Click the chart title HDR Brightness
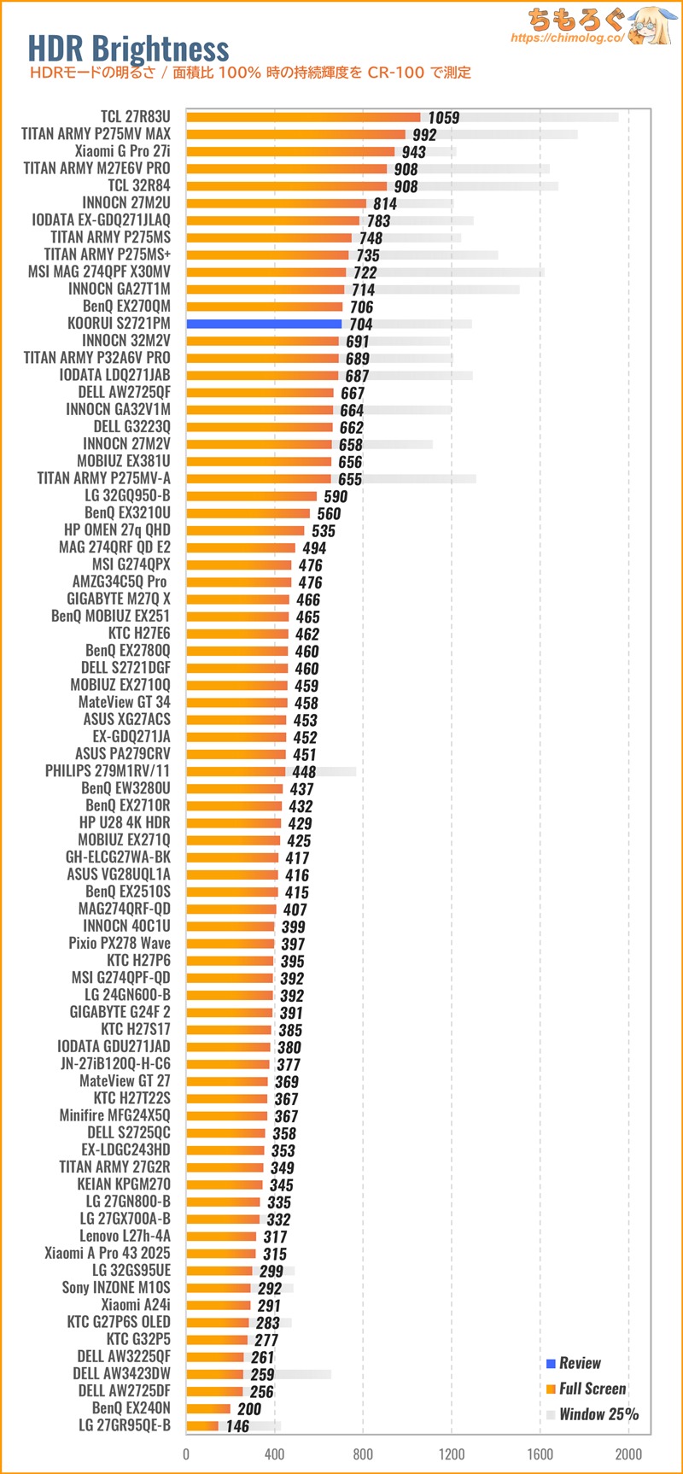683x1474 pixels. (128, 48)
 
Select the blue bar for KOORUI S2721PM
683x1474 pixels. (264, 324)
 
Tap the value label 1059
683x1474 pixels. (443, 118)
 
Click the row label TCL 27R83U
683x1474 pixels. (135, 117)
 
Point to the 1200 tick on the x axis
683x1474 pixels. (452, 1454)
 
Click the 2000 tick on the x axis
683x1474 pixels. (628, 1454)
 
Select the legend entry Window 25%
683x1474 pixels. (598, 1414)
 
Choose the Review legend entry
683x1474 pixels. (579, 1363)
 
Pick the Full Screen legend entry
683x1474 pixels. (592, 1389)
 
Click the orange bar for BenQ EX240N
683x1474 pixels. (208, 1408)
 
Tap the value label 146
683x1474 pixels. (237, 1426)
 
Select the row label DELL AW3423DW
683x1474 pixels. (121, 1373)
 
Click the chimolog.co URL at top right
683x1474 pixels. (567, 38)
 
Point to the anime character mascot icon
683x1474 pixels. (653, 26)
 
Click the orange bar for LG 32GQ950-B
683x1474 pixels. (251, 496)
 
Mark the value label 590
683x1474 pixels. (336, 496)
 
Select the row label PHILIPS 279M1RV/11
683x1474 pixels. (108, 771)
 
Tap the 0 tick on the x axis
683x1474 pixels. (186, 1454)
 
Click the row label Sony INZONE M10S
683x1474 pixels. (116, 1287)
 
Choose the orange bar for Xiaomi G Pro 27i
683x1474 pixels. (290, 151)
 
